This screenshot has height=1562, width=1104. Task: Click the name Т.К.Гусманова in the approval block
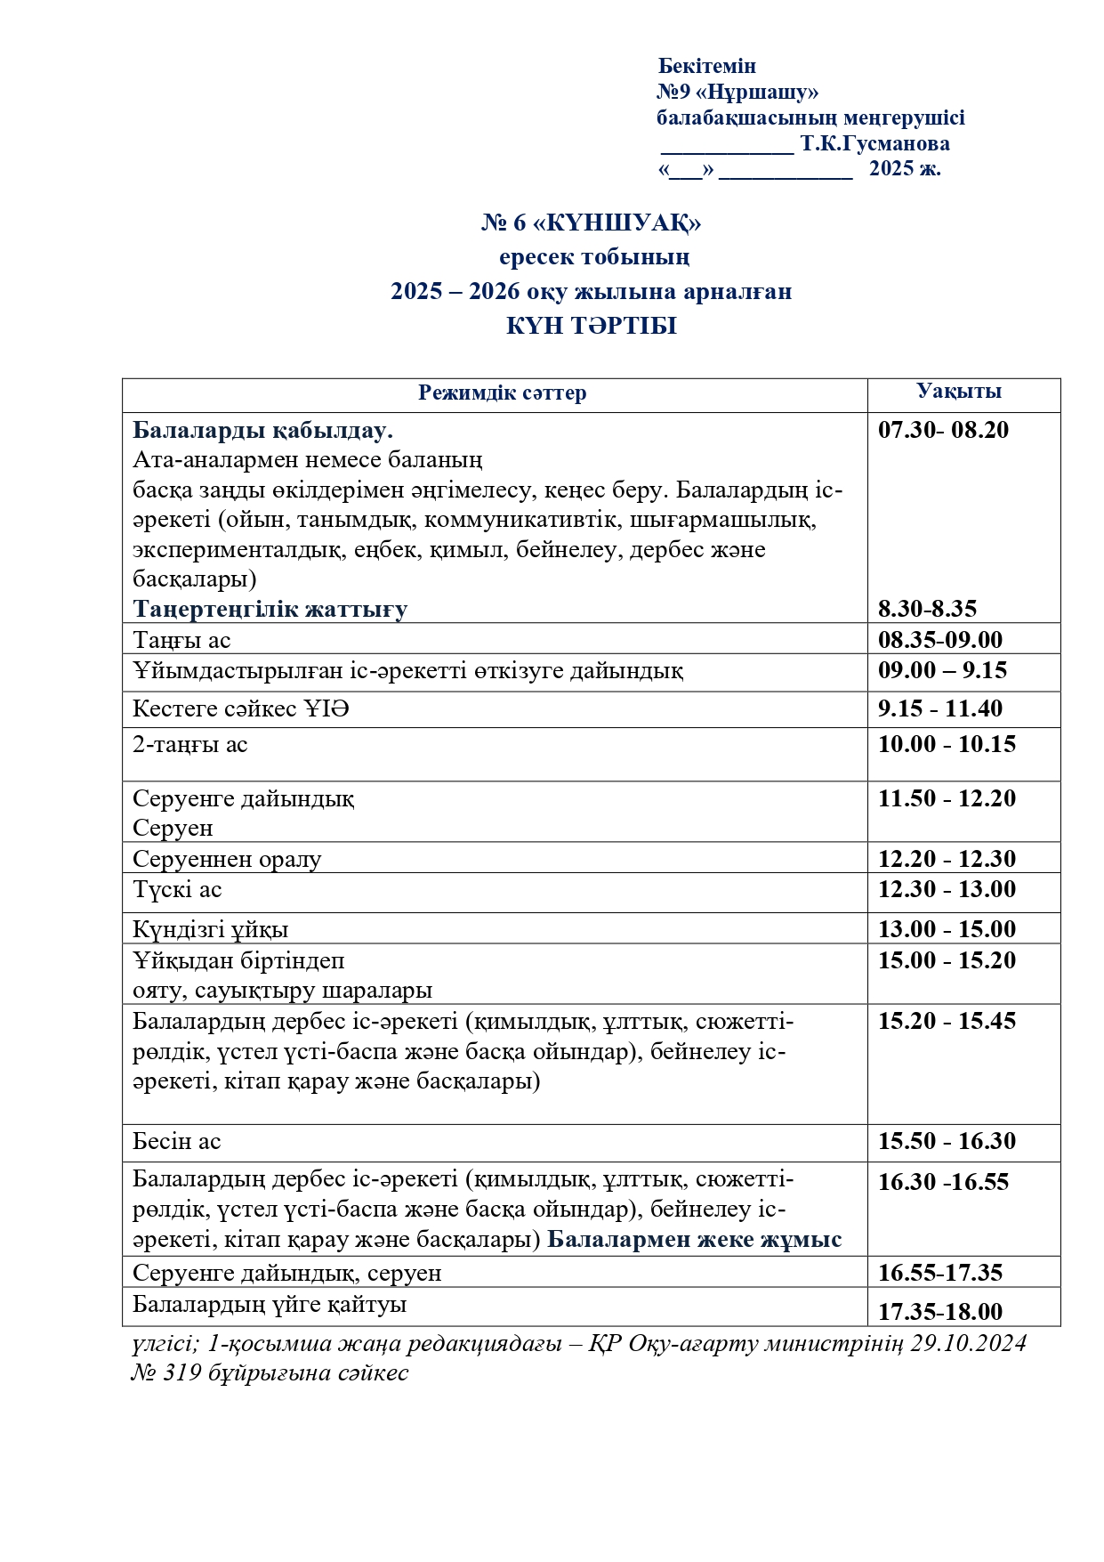(874, 143)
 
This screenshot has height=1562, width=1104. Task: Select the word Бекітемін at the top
(707, 66)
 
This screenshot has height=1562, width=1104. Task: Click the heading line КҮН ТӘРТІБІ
(591, 326)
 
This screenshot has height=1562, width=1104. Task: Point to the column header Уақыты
(959, 391)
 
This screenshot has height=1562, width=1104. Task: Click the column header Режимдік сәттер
(502, 393)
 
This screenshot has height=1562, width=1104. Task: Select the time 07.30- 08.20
(943, 430)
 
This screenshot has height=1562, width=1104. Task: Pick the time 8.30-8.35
(927, 609)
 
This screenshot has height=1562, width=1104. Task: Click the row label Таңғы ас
(181, 640)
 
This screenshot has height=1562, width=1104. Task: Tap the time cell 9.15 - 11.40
(939, 708)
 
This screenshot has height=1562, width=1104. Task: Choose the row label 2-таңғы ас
(189, 744)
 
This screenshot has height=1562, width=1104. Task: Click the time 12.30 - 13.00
(947, 889)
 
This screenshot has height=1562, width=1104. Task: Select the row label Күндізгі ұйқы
(210, 929)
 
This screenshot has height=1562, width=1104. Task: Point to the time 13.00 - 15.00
(947, 929)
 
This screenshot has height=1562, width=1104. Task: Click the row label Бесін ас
(176, 1141)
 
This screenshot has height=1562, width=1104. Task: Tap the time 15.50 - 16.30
(947, 1141)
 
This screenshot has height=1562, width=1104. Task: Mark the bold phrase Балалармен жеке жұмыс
(694, 1240)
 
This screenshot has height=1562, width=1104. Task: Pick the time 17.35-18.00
(939, 1312)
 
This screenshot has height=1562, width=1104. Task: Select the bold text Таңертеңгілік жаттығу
(270, 609)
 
